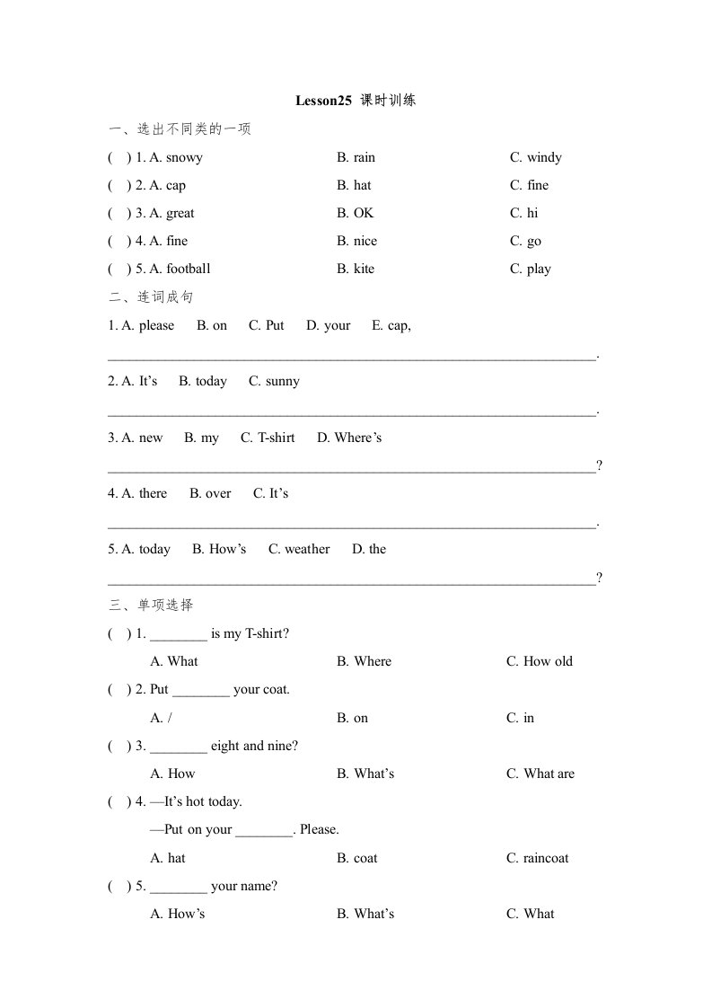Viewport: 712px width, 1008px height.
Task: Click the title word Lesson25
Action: (323, 101)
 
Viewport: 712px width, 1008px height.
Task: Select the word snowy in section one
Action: (184, 158)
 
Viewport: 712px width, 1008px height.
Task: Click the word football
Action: (188, 269)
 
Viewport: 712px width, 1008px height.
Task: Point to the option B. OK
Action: (355, 213)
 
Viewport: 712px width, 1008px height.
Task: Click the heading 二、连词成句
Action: (151, 296)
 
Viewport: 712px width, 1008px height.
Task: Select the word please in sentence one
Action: (156, 325)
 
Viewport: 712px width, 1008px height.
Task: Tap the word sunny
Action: (283, 381)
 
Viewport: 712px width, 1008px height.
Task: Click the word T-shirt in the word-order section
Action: (276, 438)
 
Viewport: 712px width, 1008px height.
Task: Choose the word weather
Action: (307, 549)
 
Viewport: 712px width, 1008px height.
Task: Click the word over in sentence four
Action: (217, 493)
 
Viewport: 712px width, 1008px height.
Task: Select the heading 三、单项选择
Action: (151, 605)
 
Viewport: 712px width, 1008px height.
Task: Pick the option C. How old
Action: (539, 661)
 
